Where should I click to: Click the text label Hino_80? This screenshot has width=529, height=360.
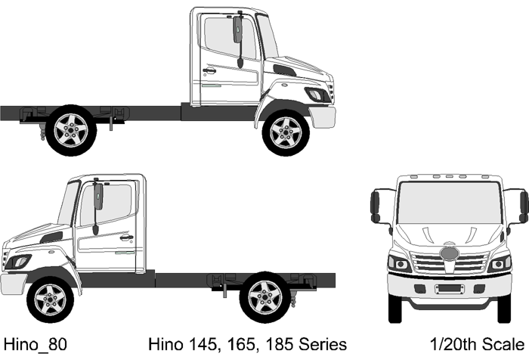35,345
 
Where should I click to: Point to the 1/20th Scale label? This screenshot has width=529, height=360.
477,344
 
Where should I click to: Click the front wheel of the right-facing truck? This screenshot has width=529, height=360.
286,132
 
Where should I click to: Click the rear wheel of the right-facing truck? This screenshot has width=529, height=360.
71,130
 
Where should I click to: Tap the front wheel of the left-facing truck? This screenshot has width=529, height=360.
51,299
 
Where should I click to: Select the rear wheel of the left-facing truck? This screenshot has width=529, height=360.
264,297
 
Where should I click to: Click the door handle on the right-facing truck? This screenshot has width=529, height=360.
209,71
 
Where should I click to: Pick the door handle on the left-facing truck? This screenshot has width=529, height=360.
126,237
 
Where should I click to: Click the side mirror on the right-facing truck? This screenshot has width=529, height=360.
238,29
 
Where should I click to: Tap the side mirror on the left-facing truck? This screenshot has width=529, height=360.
98,196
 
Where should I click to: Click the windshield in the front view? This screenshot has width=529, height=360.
450,203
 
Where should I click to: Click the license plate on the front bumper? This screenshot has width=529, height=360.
450,288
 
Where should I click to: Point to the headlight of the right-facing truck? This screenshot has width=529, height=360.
317,95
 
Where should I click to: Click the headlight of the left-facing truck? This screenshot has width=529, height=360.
19,262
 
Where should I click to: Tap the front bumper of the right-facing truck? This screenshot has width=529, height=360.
323,116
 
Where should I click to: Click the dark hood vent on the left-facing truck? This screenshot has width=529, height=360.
51,237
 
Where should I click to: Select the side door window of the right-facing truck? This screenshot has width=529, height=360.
229,38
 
